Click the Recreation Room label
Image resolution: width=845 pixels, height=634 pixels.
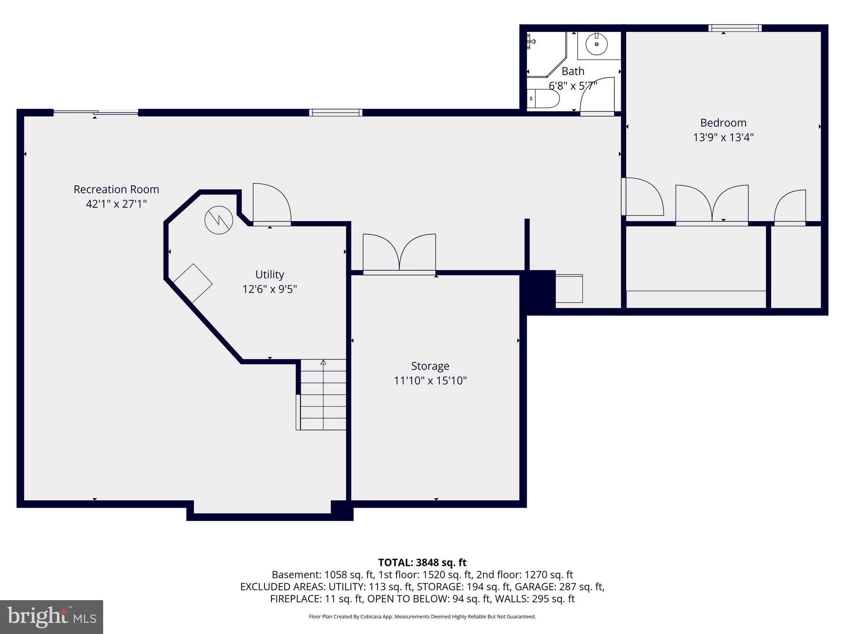(116, 189)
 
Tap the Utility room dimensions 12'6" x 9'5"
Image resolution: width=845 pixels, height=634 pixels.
(269, 289)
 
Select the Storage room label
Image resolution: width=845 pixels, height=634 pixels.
(430, 366)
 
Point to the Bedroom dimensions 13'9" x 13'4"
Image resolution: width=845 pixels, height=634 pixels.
(723, 137)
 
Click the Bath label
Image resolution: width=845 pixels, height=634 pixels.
(573, 71)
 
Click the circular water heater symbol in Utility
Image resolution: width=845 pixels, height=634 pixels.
(219, 220)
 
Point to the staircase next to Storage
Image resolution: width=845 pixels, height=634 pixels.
(323, 395)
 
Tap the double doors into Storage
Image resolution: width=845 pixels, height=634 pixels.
(399, 253)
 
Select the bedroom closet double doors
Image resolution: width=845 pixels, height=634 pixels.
(712, 205)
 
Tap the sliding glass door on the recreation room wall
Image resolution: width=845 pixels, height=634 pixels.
(96, 112)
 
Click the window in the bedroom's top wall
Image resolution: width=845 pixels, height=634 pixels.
(735, 28)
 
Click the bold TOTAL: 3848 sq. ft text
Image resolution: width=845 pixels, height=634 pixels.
(422, 562)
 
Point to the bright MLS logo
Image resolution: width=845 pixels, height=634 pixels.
(52, 617)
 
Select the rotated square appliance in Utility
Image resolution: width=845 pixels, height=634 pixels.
(193, 284)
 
